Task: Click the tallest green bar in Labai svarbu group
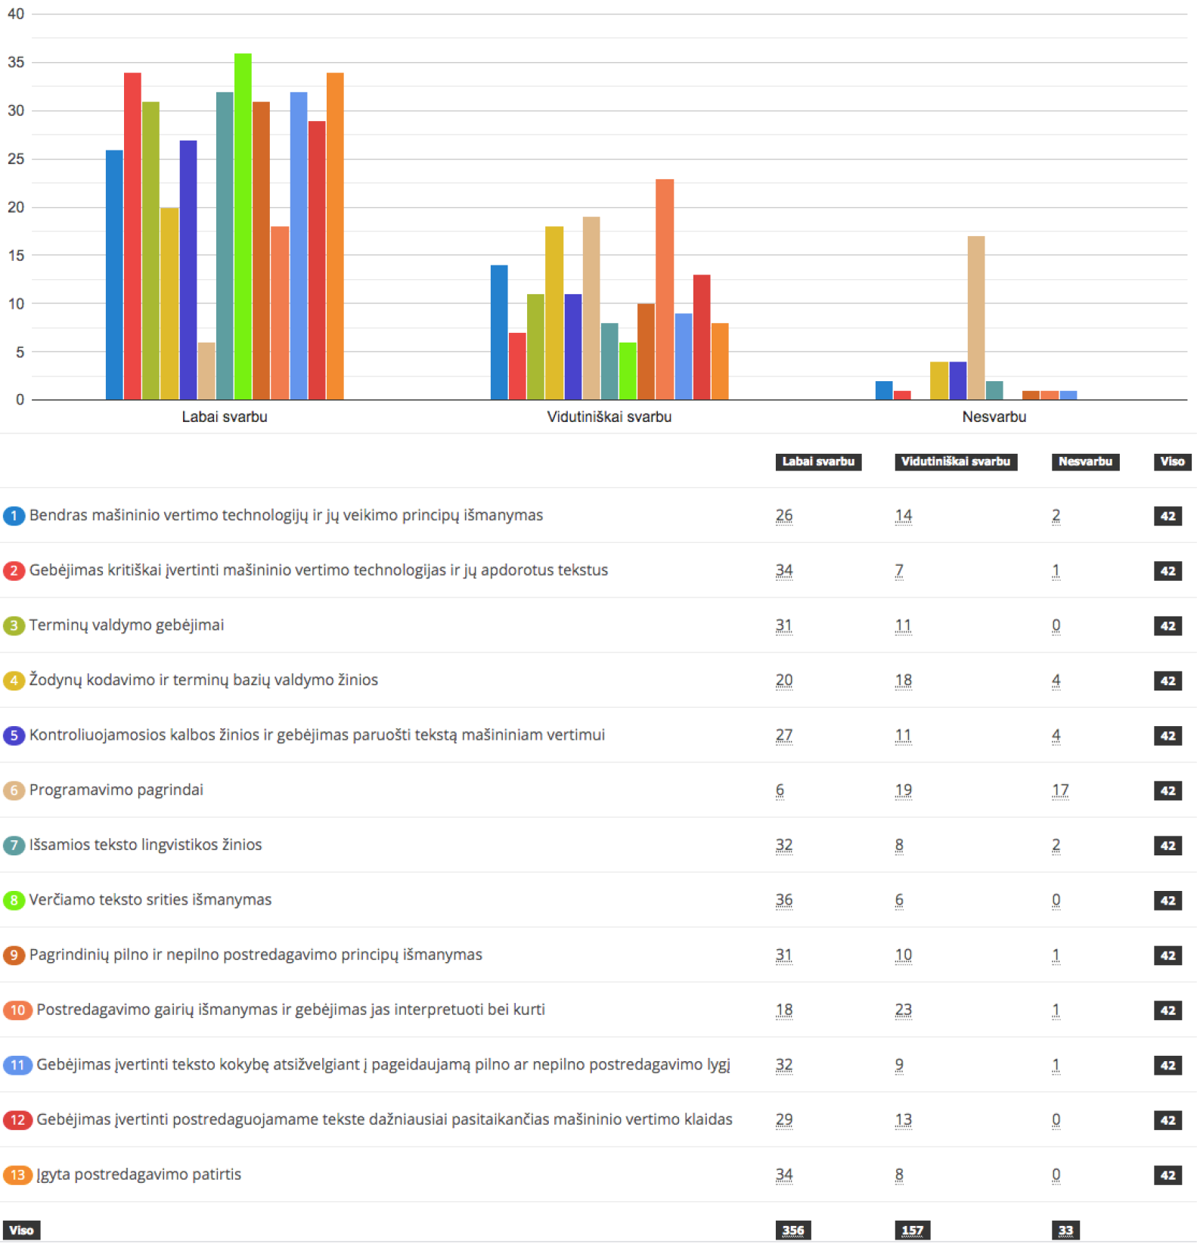coord(243,227)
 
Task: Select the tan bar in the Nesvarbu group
coord(976,318)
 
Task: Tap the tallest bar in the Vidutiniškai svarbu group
coord(665,289)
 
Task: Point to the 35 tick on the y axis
coord(16,62)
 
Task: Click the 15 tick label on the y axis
coord(16,256)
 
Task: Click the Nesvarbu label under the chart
coord(994,417)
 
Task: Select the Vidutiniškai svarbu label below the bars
coord(609,417)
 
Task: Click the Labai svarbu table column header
coord(818,461)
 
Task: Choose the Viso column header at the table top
coord(1172,461)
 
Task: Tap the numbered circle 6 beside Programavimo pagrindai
coord(14,790)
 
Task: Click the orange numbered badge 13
coord(17,1175)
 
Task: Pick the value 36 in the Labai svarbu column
coord(784,900)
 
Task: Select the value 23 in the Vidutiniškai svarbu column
coord(904,1010)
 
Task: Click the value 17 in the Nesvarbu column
coord(1060,790)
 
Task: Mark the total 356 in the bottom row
coord(793,1230)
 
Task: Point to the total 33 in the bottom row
coord(1065,1230)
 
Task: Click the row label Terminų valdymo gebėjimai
coord(126,625)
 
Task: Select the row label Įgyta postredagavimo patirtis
coord(138,1175)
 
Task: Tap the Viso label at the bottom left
coord(21,1230)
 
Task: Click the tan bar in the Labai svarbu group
coord(206,371)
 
